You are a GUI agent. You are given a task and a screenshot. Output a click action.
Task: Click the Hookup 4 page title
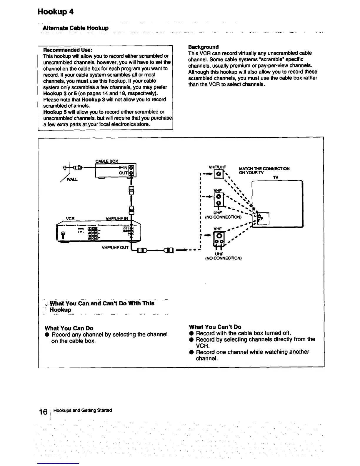[x=55, y=12]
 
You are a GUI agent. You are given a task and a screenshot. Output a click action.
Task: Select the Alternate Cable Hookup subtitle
[x=76, y=28]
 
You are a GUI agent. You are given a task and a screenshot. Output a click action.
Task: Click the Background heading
[x=203, y=47]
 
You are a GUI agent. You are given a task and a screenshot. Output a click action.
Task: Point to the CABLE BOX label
[x=107, y=161]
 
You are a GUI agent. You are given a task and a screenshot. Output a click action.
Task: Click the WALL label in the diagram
[x=72, y=179]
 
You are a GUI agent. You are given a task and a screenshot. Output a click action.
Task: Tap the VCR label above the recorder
[x=70, y=219]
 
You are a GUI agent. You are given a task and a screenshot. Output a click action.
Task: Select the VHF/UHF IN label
[x=117, y=219]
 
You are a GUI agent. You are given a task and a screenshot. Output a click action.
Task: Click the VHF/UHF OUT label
[x=115, y=247]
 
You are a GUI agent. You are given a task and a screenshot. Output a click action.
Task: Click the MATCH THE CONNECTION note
[x=264, y=170]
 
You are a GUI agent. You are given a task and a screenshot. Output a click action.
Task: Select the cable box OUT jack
[x=131, y=173]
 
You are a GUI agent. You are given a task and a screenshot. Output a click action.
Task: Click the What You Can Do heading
[x=69, y=328]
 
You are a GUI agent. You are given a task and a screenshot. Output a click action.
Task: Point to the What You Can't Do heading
[x=215, y=327]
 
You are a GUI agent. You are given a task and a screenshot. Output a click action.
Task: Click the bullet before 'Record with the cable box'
[x=191, y=333]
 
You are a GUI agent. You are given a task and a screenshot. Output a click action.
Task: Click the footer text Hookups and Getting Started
[x=83, y=410]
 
